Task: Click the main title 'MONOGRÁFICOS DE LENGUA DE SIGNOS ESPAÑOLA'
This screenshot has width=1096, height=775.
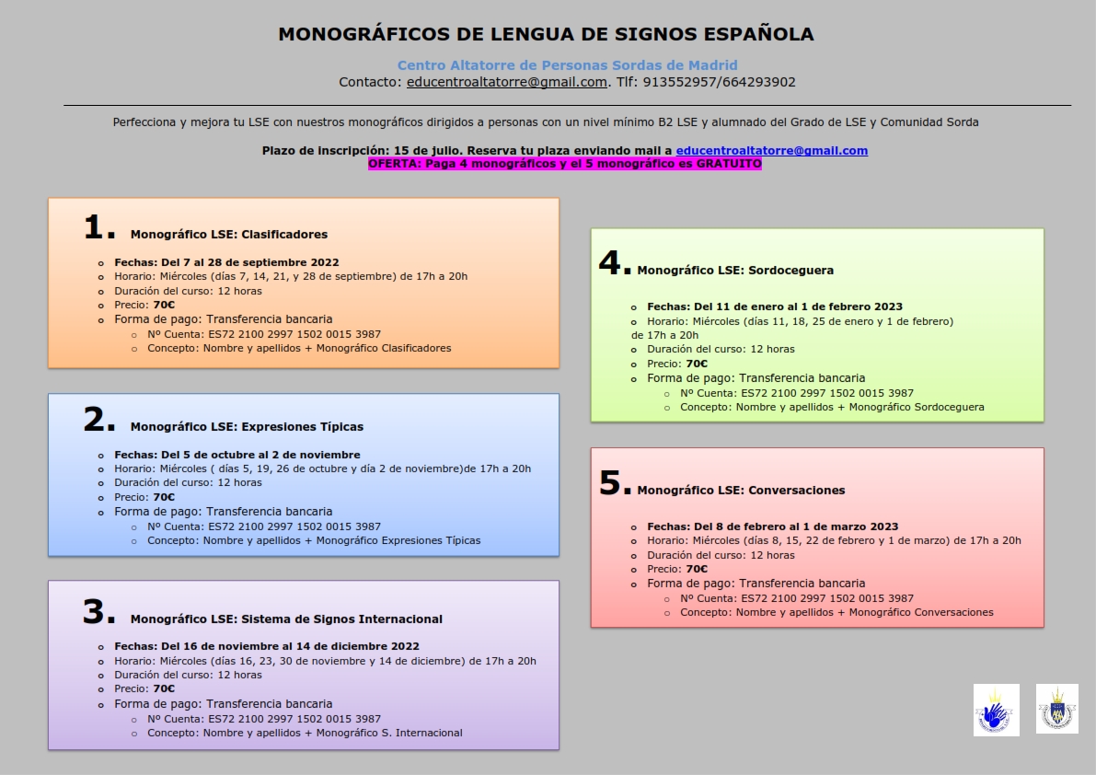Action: click(x=546, y=34)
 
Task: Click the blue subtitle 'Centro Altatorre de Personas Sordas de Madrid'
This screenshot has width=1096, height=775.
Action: click(x=567, y=65)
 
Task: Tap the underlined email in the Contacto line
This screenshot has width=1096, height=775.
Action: click(x=507, y=82)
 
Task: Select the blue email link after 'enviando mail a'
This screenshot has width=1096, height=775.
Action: click(x=771, y=151)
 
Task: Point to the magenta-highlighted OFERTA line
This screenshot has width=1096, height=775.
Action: click(x=564, y=164)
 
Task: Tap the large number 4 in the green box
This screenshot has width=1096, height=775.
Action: click(x=610, y=263)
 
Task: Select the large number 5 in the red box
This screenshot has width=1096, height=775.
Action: click(x=610, y=483)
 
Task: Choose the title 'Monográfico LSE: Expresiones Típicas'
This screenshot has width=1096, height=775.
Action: click(x=247, y=427)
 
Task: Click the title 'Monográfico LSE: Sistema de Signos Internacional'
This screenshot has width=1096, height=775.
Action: click(x=286, y=619)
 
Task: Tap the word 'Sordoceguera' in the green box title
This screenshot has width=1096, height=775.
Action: click(x=790, y=271)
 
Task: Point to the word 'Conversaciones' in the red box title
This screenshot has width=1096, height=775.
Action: click(x=796, y=491)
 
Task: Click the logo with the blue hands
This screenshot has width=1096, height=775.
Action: click(x=996, y=710)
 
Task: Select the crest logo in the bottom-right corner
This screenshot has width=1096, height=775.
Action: click(x=1056, y=709)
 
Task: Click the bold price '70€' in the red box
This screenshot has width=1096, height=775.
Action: click(x=697, y=569)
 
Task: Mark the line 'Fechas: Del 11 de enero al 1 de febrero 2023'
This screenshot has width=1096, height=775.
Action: click(x=775, y=307)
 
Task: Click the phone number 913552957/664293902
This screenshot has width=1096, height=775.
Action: click(x=719, y=82)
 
